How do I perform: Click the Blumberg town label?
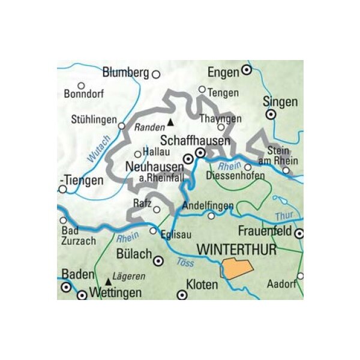pyautogui.click(x=125, y=73)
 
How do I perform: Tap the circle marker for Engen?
pyautogui.click(x=246, y=71)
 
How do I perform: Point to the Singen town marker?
pyautogui.click(x=271, y=113)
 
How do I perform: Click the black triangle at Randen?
pyautogui.click(x=170, y=124)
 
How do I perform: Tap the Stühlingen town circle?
pyautogui.click(x=121, y=126)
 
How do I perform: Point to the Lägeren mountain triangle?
pyautogui.click(x=108, y=280)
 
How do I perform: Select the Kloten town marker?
pyautogui.click(x=182, y=295)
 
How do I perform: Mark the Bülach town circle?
pyautogui.click(x=158, y=260)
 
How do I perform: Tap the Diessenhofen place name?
pyautogui.click(x=235, y=176)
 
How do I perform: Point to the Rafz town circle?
pyautogui.click(x=157, y=210)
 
